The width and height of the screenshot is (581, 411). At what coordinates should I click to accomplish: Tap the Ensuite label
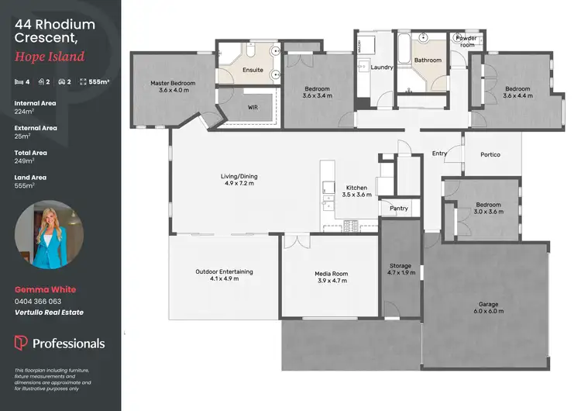253,71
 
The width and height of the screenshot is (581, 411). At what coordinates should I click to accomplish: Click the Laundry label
382,67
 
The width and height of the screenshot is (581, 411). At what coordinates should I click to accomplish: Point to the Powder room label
466,40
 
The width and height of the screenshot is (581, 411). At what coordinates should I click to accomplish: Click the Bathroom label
427,60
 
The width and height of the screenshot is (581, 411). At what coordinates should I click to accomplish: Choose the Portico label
490,154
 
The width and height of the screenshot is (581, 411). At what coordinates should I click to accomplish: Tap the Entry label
439,154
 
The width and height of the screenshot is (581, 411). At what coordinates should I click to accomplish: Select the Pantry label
399,208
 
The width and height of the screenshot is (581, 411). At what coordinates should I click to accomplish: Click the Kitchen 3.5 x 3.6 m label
357,191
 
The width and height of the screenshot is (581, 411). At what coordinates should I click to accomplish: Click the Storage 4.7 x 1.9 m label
400,270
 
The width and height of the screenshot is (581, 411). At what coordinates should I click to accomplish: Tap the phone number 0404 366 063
38,301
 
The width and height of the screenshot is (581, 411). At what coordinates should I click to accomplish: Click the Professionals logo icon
21,343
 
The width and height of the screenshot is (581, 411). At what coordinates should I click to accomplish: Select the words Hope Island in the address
49,57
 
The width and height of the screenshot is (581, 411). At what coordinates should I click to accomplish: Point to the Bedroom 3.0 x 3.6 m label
488,209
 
